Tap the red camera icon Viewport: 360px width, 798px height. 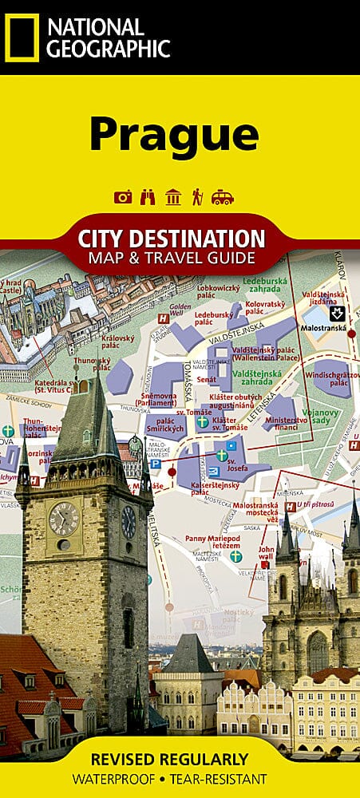(122, 197)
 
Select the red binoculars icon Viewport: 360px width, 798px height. (148, 197)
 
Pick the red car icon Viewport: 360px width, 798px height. (223, 197)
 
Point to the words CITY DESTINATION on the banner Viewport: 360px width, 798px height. (171, 238)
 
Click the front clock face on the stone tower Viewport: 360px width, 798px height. (64, 519)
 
